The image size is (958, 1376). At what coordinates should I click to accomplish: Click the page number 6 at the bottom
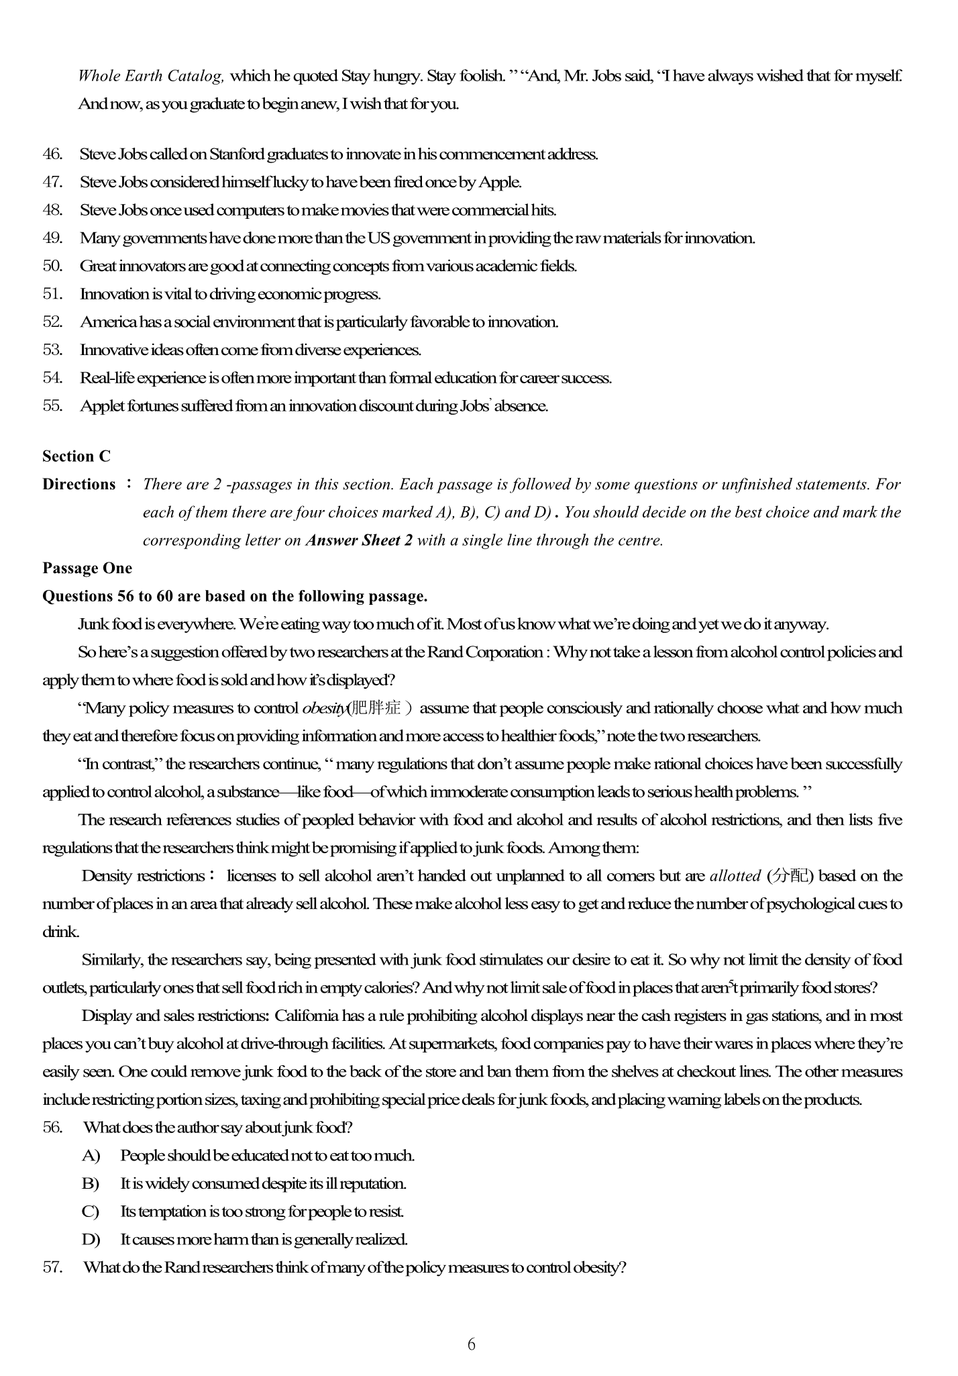click(x=471, y=1344)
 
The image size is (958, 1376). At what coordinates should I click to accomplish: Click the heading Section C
click(x=76, y=456)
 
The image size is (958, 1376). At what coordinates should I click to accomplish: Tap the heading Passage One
click(x=87, y=568)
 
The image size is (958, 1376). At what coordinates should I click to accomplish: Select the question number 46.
click(x=52, y=154)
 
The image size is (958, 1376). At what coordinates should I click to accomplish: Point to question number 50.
click(x=52, y=266)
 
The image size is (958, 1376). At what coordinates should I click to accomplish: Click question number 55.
click(x=52, y=405)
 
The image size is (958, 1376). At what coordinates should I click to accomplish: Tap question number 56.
click(x=52, y=1127)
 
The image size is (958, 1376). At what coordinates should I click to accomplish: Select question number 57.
click(x=52, y=1267)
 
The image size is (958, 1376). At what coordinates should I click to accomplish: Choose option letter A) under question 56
click(x=91, y=1155)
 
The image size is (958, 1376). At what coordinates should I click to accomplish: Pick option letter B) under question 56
click(x=91, y=1183)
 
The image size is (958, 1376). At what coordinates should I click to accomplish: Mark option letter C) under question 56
click(x=91, y=1212)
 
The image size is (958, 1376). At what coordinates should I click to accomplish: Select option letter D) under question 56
click(x=91, y=1239)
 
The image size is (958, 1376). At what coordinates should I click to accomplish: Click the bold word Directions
click(x=79, y=485)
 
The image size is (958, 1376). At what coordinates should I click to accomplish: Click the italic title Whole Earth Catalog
click(x=151, y=76)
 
